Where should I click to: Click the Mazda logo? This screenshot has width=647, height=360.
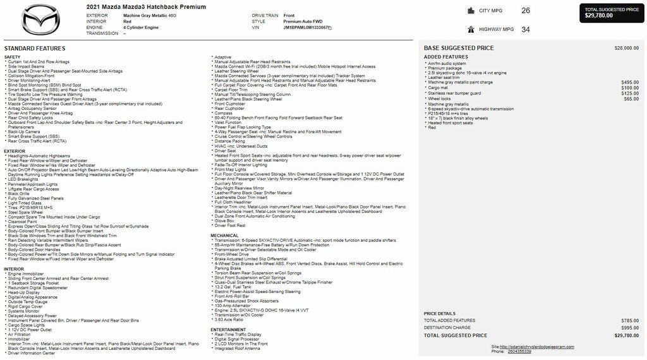click(40, 20)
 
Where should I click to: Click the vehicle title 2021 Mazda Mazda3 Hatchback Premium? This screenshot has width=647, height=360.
click(145, 6)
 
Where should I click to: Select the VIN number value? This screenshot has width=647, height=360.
click(306, 28)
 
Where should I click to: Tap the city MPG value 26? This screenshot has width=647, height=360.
click(526, 11)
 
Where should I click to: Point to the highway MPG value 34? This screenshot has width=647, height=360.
click(526, 29)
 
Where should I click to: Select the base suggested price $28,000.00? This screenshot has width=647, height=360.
click(626, 48)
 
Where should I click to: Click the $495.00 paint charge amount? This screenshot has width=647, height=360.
click(630, 82)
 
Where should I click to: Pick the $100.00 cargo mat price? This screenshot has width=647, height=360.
click(630, 88)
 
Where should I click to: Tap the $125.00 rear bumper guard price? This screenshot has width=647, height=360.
click(630, 93)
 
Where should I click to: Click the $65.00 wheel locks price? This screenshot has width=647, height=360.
click(631, 99)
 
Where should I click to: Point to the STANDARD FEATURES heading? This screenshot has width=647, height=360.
click(35, 49)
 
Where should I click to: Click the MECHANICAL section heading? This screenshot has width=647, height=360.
click(225, 236)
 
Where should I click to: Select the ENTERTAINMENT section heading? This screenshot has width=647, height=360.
click(229, 329)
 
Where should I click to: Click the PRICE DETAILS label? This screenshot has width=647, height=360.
click(439, 313)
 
